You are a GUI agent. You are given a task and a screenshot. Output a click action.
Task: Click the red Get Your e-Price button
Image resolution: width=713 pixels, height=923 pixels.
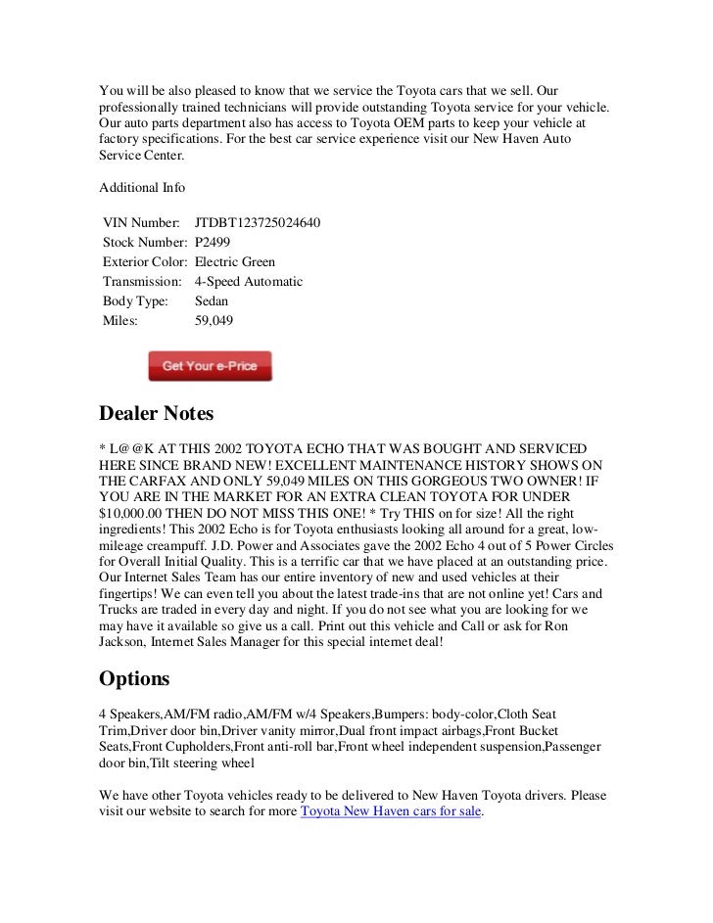[x=210, y=366]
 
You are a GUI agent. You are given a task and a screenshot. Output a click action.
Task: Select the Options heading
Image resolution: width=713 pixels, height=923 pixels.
[x=135, y=677]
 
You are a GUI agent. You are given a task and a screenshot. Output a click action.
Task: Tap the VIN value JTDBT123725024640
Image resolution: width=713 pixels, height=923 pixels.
[x=259, y=223]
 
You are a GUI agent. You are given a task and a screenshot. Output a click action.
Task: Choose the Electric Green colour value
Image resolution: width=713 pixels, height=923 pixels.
[x=235, y=262]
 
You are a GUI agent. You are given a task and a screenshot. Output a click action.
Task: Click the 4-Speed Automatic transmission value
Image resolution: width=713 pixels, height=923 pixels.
[x=249, y=281]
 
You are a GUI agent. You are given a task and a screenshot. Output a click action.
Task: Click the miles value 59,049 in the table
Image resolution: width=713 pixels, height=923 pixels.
[x=214, y=319]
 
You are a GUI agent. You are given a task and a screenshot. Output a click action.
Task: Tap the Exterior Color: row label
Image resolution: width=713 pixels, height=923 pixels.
[x=145, y=262]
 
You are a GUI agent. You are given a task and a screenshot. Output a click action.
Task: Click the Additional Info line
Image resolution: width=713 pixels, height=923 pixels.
[x=143, y=186]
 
